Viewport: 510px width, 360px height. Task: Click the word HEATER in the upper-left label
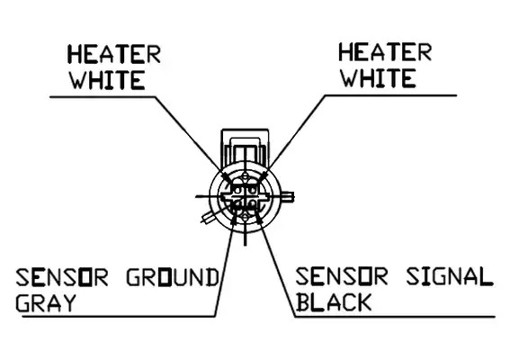point(114,54)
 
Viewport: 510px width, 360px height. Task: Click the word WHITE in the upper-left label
point(108,80)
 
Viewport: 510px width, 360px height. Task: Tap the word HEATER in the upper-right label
point(385,52)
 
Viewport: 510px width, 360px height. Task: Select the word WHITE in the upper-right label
point(379,78)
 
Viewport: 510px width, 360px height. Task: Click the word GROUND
point(173,277)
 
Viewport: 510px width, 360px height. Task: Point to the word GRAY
point(46,303)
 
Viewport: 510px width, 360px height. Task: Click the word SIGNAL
point(450,276)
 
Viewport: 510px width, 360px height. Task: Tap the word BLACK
point(334,302)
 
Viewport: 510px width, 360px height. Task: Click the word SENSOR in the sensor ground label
point(62,277)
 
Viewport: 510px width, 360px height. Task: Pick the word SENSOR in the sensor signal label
point(342,276)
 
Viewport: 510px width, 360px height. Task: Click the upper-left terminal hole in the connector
point(237,189)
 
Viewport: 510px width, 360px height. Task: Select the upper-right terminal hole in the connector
point(253,189)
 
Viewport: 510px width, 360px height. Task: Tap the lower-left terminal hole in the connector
point(237,204)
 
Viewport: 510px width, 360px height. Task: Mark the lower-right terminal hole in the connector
point(253,204)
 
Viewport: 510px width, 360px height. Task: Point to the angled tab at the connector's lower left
point(209,216)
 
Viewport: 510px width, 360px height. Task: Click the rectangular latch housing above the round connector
point(245,147)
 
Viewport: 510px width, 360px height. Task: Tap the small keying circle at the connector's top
point(246,177)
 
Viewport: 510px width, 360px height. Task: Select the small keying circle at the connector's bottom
point(246,217)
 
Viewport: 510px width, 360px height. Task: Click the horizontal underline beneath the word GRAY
point(119,316)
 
